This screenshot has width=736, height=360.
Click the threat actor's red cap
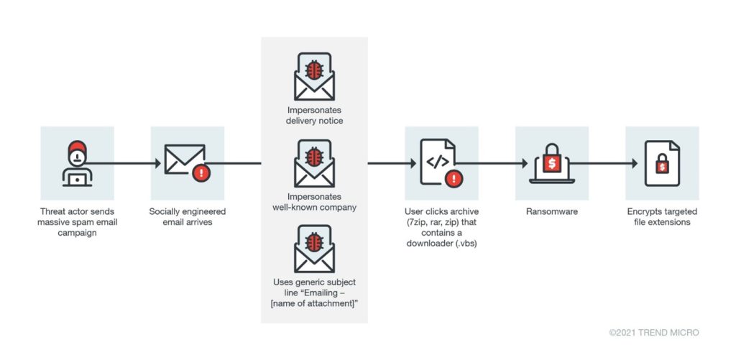[x=77, y=148]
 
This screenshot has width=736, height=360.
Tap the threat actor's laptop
[x=77, y=177]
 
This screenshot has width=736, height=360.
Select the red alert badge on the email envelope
[x=202, y=172]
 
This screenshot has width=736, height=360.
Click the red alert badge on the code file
[x=453, y=178]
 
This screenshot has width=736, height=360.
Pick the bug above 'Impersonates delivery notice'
[x=314, y=70]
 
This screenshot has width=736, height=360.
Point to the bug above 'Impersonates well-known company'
[x=314, y=157]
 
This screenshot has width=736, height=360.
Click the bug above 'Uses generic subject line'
[x=314, y=242]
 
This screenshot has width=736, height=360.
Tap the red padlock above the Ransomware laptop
[x=551, y=161]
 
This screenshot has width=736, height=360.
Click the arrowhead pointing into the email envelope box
[x=157, y=164]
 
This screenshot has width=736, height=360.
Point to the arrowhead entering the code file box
[x=412, y=164]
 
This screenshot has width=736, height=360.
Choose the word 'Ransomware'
[x=551, y=212]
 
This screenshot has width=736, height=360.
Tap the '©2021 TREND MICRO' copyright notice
[x=653, y=333]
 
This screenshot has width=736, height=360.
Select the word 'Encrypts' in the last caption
[x=643, y=212]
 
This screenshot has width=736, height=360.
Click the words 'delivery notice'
[x=314, y=121]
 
